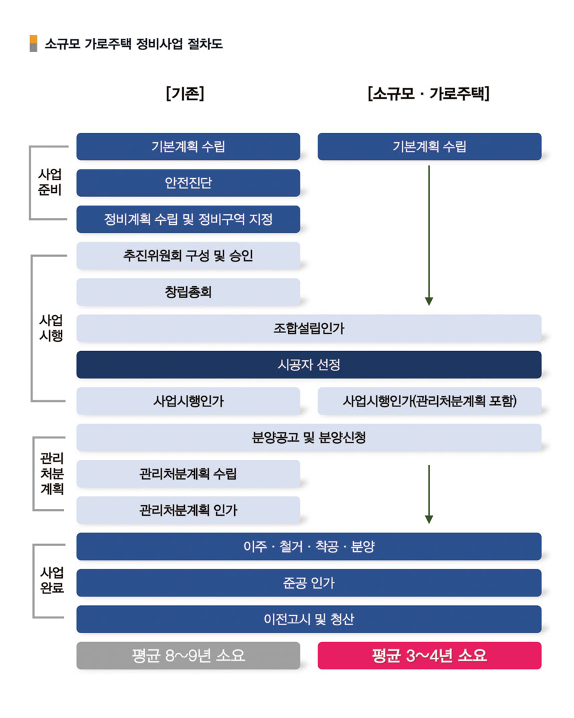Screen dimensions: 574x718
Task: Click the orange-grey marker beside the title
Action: click(x=33, y=43)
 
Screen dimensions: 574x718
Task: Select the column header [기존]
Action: click(x=185, y=93)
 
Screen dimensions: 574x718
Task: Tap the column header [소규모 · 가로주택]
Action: click(x=428, y=93)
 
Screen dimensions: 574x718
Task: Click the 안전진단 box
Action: click(x=188, y=183)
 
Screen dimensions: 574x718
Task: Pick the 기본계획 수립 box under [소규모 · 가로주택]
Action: click(x=429, y=147)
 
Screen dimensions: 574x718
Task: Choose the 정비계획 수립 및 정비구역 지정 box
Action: click(x=188, y=220)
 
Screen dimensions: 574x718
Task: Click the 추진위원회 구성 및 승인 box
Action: click(x=188, y=256)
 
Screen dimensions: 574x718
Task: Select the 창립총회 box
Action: click(x=188, y=292)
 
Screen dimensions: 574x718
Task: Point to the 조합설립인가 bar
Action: click(x=309, y=328)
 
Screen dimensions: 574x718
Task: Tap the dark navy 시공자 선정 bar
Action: click(x=309, y=365)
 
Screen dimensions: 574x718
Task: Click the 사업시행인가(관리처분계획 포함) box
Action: click(x=429, y=401)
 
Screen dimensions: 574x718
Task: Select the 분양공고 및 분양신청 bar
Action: click(x=309, y=438)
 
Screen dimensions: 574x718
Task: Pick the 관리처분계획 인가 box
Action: click(x=188, y=510)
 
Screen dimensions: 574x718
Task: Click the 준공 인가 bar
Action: click(x=309, y=583)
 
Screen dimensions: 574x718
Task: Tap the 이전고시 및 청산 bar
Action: click(x=309, y=619)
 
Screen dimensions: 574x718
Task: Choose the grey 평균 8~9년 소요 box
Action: click(x=188, y=656)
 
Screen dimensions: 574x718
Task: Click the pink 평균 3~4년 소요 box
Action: click(x=429, y=656)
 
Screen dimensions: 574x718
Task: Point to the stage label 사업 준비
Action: click(x=49, y=182)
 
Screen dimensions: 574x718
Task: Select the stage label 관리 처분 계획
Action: click(x=52, y=474)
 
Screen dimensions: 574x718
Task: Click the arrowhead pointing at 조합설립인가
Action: click(x=428, y=302)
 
